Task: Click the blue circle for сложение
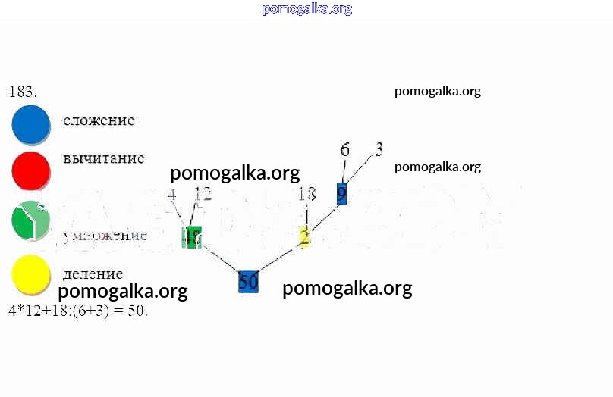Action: [x=30, y=124]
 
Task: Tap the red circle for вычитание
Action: [x=30, y=170]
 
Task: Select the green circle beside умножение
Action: [x=30, y=220]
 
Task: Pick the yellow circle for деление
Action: [x=30, y=274]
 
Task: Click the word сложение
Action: [x=99, y=120]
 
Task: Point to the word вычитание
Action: [x=103, y=158]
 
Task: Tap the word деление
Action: [x=93, y=274]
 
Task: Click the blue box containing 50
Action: [x=248, y=282]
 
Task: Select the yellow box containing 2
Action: [x=304, y=237]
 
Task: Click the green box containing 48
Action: [x=191, y=236]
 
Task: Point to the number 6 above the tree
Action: [x=345, y=149]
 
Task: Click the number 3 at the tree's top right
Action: [x=379, y=148]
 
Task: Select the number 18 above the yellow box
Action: [x=306, y=195]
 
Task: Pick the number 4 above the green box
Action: [x=172, y=195]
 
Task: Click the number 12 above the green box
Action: [x=203, y=195]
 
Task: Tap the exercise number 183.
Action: [x=23, y=92]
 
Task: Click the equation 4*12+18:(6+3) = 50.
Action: [x=77, y=311]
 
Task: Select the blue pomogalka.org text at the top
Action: [x=307, y=9]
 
